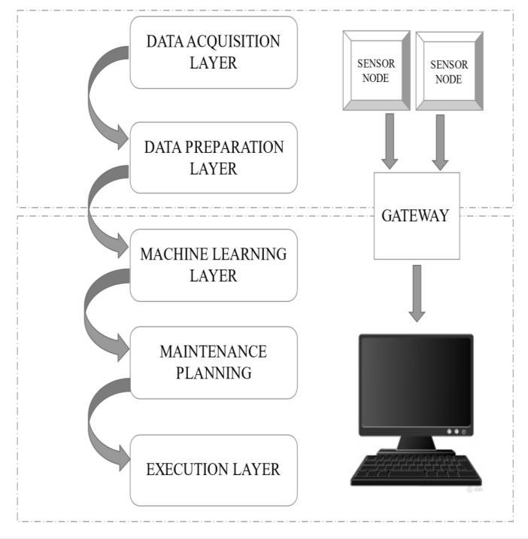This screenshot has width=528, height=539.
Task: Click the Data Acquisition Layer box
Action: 214,52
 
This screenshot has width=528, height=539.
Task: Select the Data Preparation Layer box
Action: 214,158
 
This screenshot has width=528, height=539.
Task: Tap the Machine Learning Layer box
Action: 214,266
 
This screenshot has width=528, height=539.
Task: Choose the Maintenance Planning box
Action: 214,363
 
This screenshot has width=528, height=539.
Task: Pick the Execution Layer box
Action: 214,470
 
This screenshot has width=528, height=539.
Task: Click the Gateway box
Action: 417,216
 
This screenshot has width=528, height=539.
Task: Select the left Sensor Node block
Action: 377,71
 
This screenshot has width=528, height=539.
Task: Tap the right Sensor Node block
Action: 449,72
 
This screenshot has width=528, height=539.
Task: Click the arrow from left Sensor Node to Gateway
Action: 390,142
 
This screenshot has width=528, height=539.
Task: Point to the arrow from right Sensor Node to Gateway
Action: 440,142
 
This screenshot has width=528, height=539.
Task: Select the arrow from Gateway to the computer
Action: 417,294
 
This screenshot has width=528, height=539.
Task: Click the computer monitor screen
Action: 416,381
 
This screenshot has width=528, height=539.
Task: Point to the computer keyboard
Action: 416,469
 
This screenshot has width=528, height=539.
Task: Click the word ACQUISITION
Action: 233,41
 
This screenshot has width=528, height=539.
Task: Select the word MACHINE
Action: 174,254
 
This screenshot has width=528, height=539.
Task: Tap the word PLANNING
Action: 214,373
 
